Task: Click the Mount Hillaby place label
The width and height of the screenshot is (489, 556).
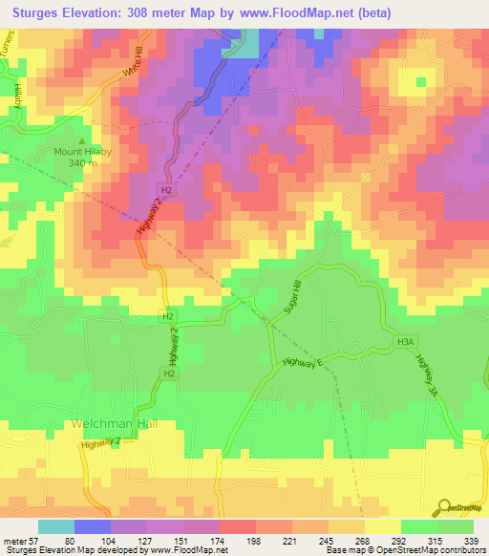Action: (79, 151)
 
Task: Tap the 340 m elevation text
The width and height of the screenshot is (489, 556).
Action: (81, 162)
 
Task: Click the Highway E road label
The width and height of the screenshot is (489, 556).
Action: (306, 361)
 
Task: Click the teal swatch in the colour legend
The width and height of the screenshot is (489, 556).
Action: (55, 526)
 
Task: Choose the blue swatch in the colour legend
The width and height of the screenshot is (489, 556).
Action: (92, 526)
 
